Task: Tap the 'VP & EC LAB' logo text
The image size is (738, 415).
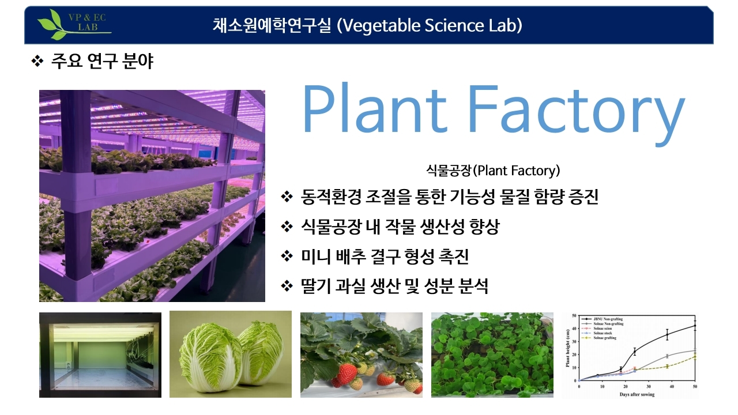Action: pos(86,21)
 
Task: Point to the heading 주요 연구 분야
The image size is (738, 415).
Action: pos(102,61)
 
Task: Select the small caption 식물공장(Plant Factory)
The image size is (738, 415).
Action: pos(493,171)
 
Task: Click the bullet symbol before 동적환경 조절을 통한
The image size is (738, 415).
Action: pos(287,197)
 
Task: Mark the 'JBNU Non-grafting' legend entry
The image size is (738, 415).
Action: pos(605,319)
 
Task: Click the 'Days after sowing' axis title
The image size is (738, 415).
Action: pos(637,394)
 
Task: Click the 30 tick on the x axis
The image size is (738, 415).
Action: pos(649,386)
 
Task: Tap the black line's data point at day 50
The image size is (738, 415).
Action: pos(695,326)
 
